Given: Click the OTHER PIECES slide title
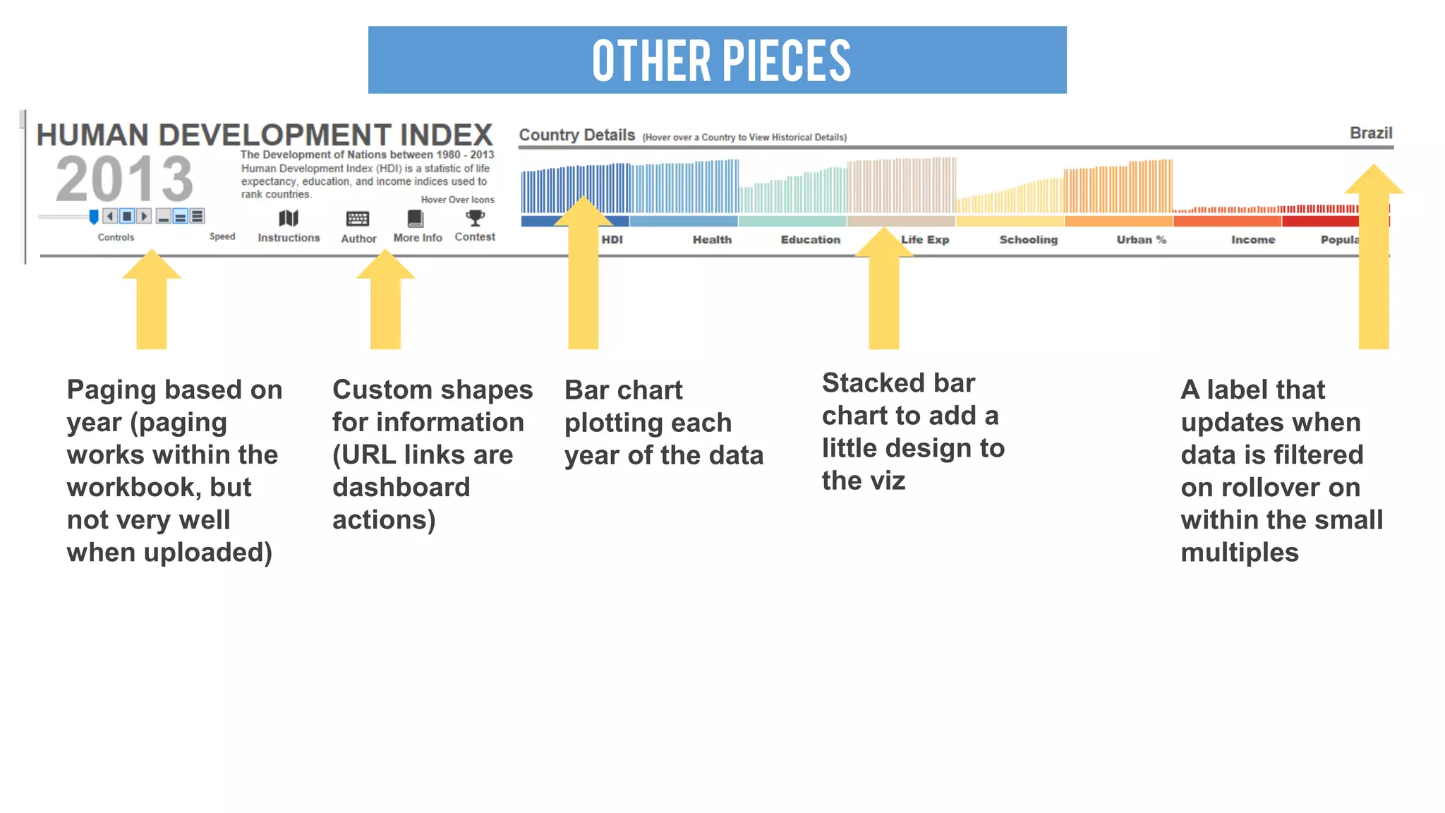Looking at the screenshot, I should point(721,61).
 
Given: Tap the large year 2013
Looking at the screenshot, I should point(124,179).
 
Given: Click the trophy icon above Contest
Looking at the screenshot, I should point(476,217).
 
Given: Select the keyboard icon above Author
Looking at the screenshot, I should point(358,219).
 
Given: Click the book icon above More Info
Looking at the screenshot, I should point(416,218).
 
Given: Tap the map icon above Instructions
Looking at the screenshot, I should point(289,218).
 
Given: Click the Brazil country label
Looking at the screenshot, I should point(1370,133).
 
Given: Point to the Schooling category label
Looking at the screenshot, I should point(1028,240).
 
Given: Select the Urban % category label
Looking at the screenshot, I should point(1141,240).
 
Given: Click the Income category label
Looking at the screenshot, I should point(1252,240).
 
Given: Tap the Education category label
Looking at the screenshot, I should point(810,240).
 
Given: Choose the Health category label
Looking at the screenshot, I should point(712,240).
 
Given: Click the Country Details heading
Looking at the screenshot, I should point(576,135).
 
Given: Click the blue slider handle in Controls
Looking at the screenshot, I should point(94,217).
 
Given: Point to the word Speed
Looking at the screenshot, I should point(222,236).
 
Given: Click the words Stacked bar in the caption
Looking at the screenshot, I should point(898,383).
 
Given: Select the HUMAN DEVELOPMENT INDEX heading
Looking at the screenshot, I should point(265,135).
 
